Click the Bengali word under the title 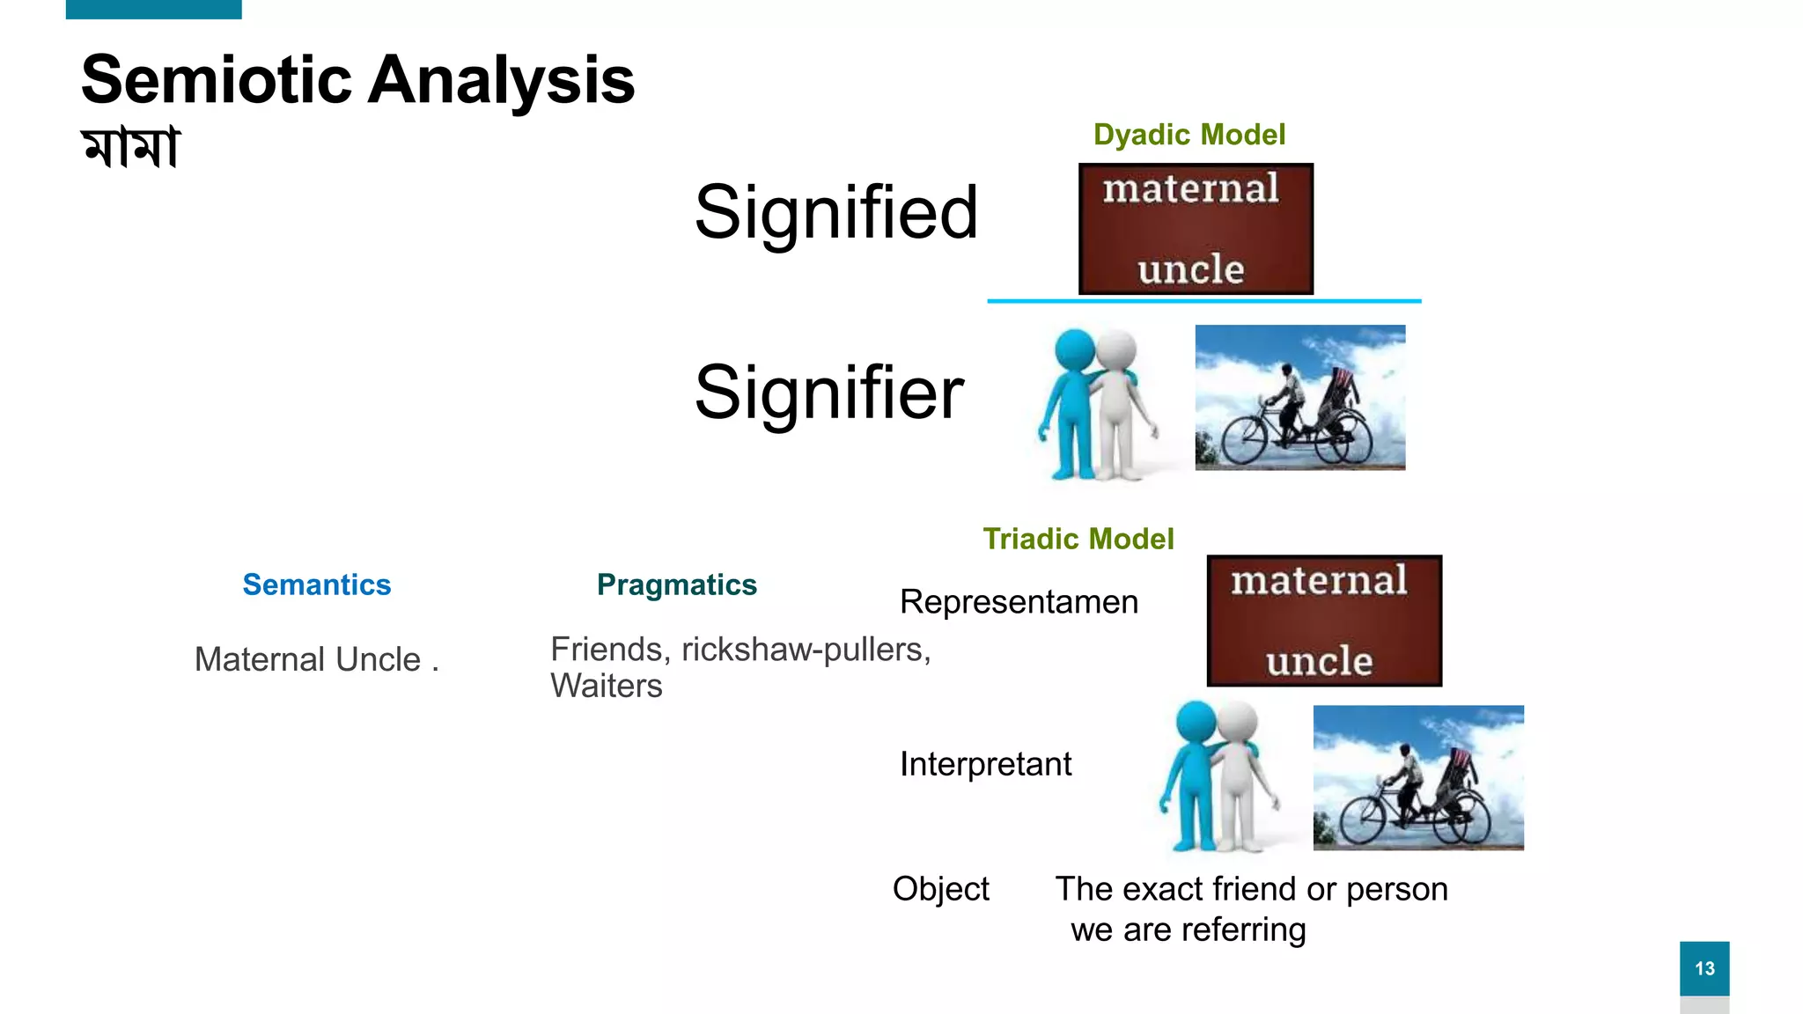[130, 147]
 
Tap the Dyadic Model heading [1189, 135]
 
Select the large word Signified [835, 212]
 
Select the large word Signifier [828, 393]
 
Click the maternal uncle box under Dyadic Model [1196, 229]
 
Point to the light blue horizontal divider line [1203, 301]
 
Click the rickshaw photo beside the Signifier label [1299, 397]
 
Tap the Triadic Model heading [1078, 539]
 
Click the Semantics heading [316, 584]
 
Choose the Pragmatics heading [676, 584]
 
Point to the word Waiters [606, 686]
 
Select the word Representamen [1019, 602]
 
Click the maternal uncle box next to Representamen [1323, 621]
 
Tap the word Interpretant [985, 764]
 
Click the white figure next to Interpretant [1241, 775]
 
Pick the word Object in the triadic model [940, 889]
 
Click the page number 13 [1704, 968]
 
